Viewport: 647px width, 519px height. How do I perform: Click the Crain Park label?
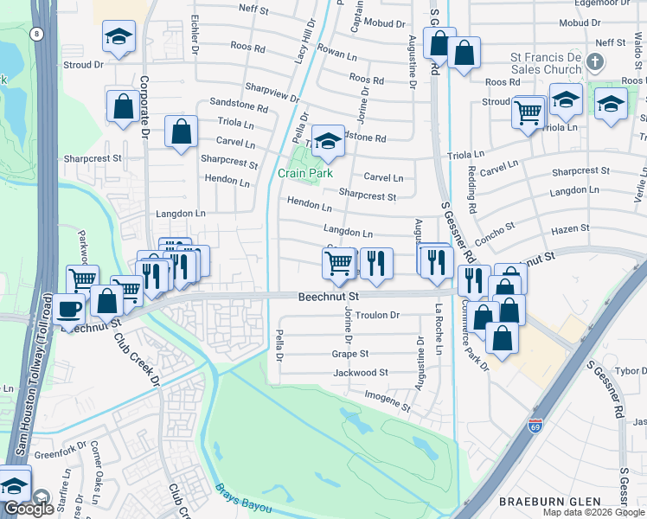tap(305, 173)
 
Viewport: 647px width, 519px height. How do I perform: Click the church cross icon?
tap(593, 62)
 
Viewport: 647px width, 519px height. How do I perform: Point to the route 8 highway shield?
tap(35, 33)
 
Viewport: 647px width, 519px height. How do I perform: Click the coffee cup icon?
tap(70, 307)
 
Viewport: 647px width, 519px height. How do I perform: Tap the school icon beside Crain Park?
tap(328, 141)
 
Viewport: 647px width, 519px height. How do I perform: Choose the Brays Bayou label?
tap(245, 499)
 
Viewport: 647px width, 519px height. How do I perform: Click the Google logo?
tap(29, 508)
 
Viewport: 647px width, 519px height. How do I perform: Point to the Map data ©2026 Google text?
tap(593, 512)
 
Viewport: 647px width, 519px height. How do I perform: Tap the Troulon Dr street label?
tap(377, 316)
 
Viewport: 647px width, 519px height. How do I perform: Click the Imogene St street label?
tap(387, 399)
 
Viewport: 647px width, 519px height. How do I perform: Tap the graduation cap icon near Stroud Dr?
tap(119, 36)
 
